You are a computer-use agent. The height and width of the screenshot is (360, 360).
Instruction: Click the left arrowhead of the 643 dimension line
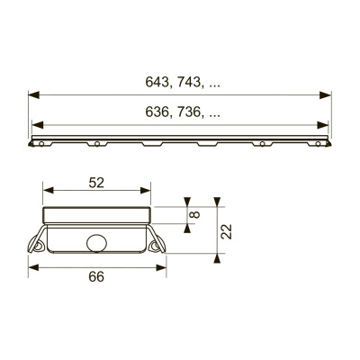click(33, 93)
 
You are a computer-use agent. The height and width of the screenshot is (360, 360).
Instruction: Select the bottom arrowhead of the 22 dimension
click(217, 256)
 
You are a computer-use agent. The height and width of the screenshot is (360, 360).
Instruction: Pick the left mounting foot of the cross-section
click(40, 244)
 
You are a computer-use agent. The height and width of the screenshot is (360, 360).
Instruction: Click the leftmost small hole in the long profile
click(40, 143)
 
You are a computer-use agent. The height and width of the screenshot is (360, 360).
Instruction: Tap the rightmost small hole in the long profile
click(318, 143)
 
